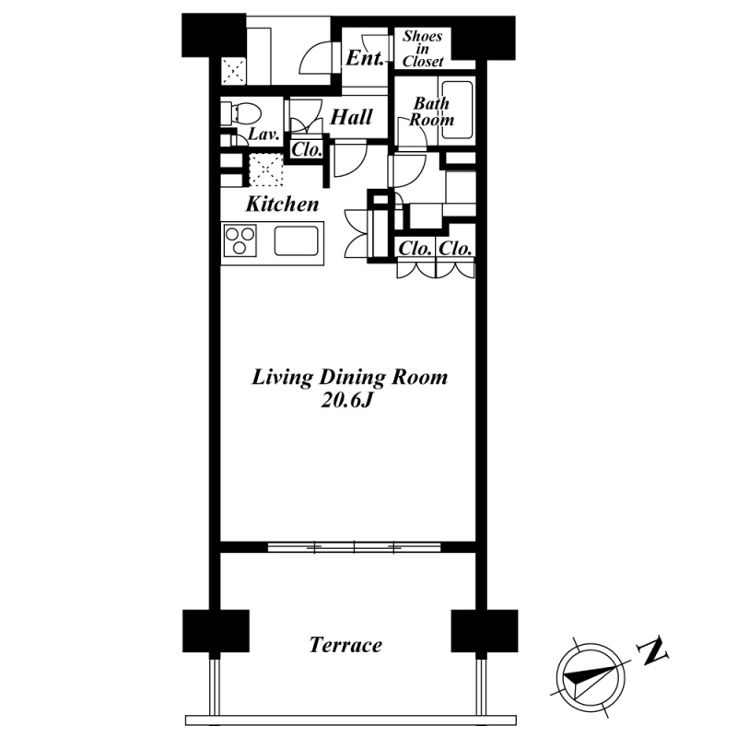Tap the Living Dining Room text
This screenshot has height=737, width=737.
pyautogui.click(x=350, y=378)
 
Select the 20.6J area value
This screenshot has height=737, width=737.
pyautogui.click(x=346, y=401)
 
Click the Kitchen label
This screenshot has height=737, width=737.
pyautogui.click(x=282, y=204)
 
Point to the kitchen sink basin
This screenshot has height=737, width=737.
pyautogui.click(x=296, y=241)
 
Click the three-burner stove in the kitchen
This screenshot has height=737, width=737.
pyautogui.click(x=240, y=240)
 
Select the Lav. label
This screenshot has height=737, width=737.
pyautogui.click(x=263, y=135)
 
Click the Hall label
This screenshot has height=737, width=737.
pyautogui.click(x=351, y=117)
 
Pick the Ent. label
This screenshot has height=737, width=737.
pyautogui.click(x=365, y=58)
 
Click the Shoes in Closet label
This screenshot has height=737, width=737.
pyautogui.click(x=423, y=49)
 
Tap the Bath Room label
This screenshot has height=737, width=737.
pyautogui.click(x=431, y=111)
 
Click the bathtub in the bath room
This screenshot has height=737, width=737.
pyautogui.click(x=456, y=110)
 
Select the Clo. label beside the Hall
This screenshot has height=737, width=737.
pyautogui.click(x=307, y=149)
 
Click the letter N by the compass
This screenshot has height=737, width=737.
pyautogui.click(x=653, y=651)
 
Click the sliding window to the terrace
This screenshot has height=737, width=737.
pyautogui.click(x=355, y=547)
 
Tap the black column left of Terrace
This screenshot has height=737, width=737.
pyautogui.click(x=216, y=631)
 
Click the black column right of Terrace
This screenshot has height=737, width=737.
pyautogui.click(x=485, y=631)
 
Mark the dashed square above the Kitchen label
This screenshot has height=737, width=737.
pyautogui.click(x=265, y=170)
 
